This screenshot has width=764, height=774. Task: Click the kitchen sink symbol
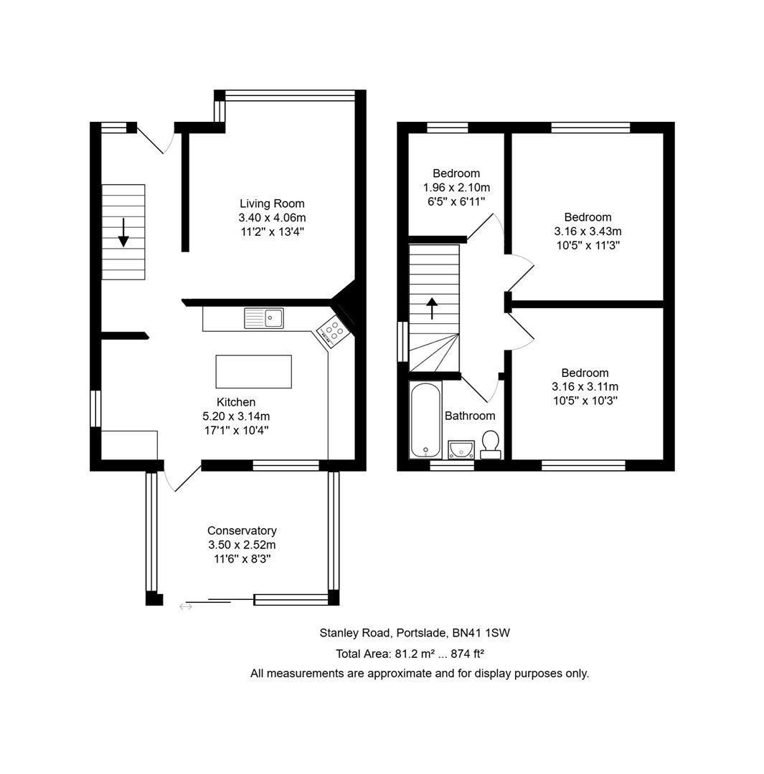pyautogui.click(x=264, y=317)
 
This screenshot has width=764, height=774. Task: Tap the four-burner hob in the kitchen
pyautogui.click(x=332, y=330)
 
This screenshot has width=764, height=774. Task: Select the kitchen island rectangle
pyautogui.click(x=253, y=371)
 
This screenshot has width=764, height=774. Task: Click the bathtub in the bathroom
pyautogui.click(x=425, y=419)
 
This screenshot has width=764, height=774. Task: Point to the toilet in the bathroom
pyautogui.click(x=491, y=444)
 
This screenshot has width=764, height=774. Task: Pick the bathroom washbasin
pyautogui.click(x=461, y=449)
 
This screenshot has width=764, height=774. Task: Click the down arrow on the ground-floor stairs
pyautogui.click(x=123, y=232)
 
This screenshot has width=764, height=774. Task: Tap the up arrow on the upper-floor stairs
pyautogui.click(x=433, y=309)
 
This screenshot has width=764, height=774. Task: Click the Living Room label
pyautogui.click(x=272, y=204)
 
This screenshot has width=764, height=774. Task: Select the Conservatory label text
pyautogui.click(x=242, y=531)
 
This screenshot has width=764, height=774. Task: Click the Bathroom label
pyautogui.click(x=470, y=416)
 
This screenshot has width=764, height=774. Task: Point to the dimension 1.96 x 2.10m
pyautogui.click(x=456, y=188)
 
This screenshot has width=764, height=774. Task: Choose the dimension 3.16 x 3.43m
pyautogui.click(x=588, y=231)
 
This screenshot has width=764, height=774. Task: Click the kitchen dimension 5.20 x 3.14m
pyautogui.click(x=236, y=416)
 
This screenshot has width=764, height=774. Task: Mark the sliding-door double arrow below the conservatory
pyautogui.click(x=185, y=606)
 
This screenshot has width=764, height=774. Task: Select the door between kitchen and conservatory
pyautogui.click(x=181, y=478)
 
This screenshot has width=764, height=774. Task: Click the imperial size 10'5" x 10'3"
pyautogui.click(x=585, y=401)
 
